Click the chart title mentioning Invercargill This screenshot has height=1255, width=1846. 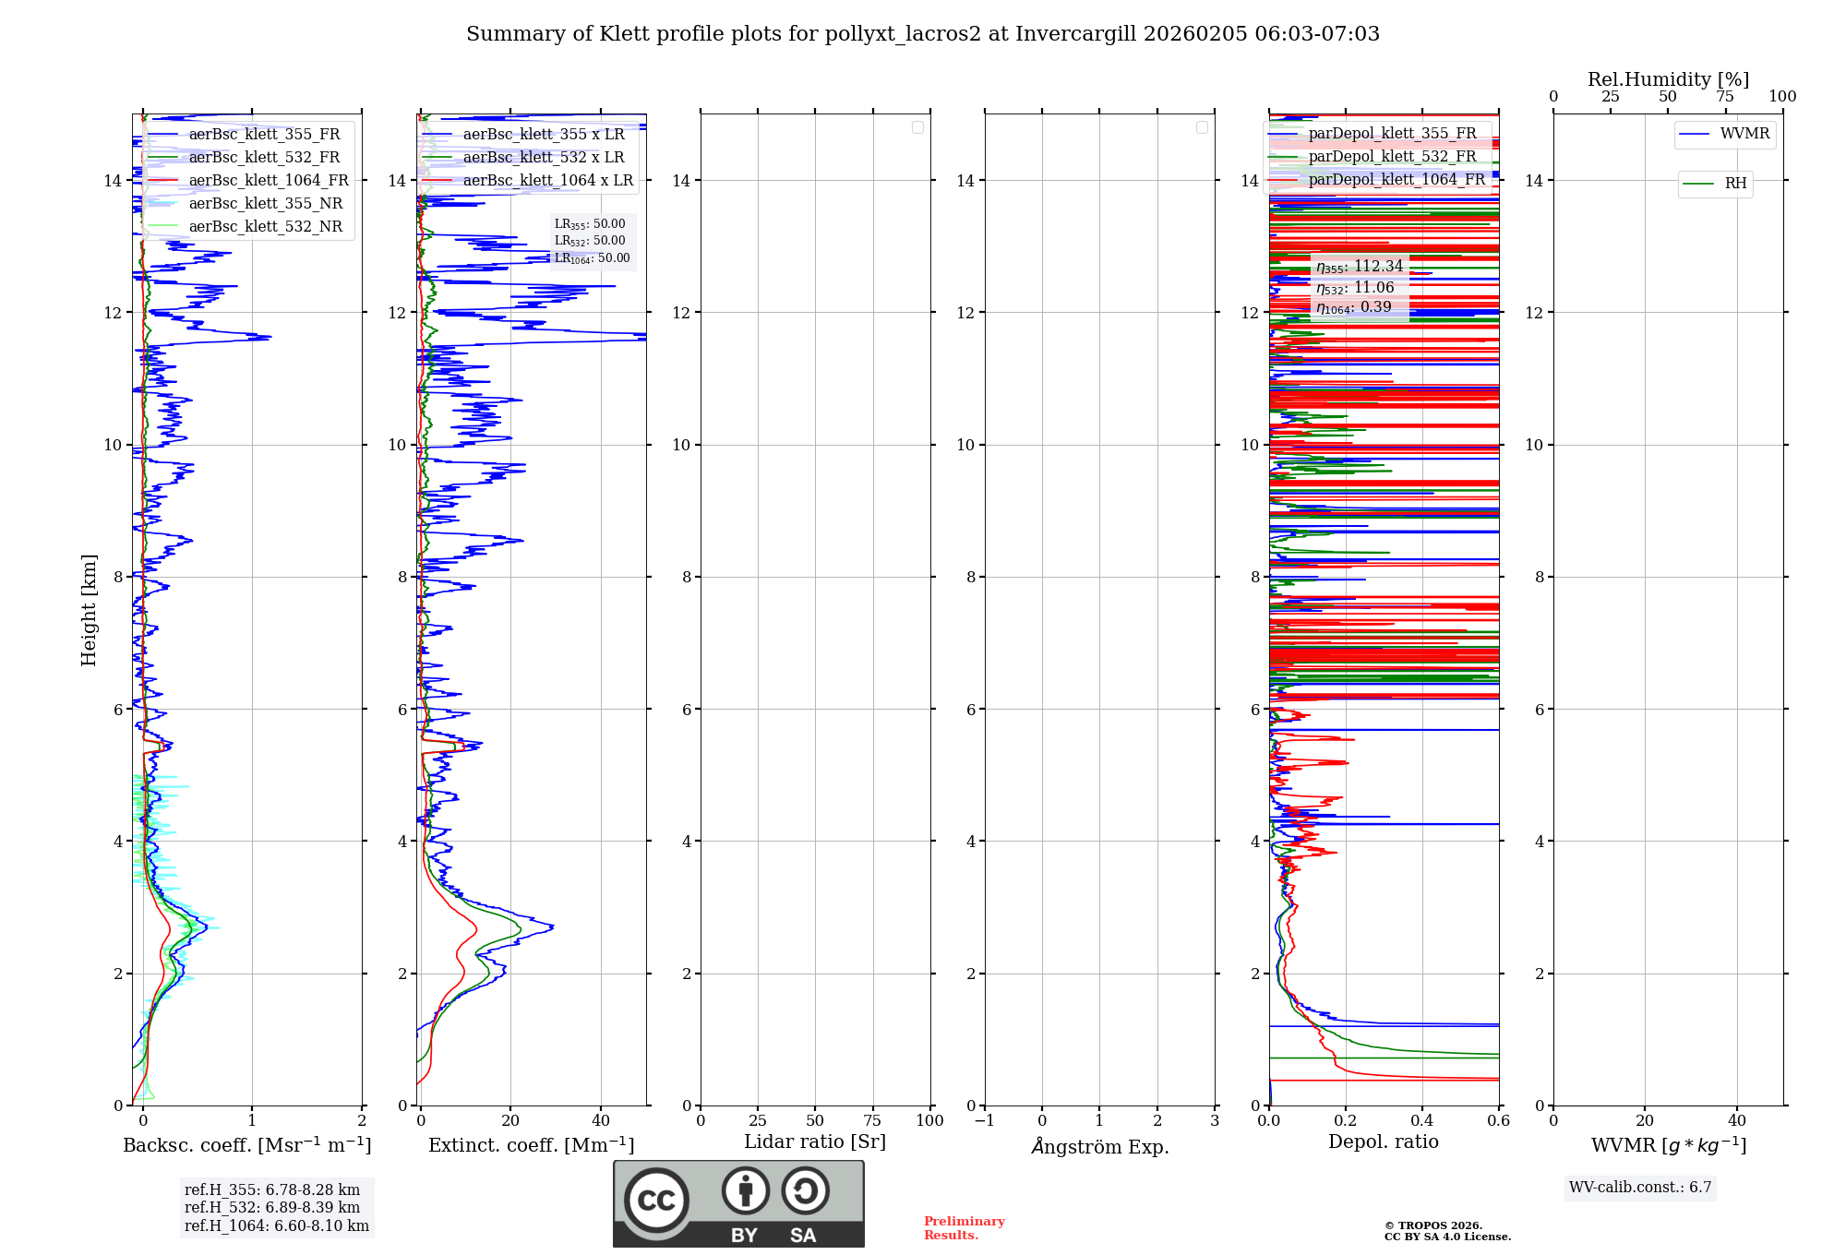922,34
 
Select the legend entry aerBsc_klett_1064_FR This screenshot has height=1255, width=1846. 268,181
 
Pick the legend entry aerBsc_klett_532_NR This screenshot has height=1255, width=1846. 265,227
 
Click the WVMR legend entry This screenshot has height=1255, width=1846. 1744,134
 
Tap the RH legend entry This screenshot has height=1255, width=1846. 1734,184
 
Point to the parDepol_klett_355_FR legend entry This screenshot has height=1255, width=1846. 1392,134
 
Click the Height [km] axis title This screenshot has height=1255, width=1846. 89,610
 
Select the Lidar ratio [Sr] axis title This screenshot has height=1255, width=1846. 815,1142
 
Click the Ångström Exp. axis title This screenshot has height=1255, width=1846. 1099,1147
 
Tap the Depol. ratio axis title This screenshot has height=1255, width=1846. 1383,1142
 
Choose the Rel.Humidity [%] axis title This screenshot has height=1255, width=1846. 1668,79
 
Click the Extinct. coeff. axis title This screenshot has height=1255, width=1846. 531,1146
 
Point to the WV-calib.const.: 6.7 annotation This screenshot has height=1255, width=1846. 1640,1188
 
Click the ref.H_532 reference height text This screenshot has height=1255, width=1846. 272,1208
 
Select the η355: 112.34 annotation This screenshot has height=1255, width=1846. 1360,267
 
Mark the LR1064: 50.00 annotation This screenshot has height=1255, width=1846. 592,258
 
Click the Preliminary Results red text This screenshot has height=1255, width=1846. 964,1228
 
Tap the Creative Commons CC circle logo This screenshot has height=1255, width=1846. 656,1200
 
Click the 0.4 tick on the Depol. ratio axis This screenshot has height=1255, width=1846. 1422,1121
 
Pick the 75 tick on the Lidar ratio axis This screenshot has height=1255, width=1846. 872,1121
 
